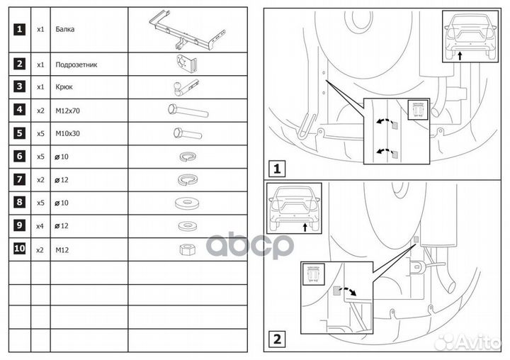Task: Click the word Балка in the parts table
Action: pos(65,29)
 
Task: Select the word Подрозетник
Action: pos(76,64)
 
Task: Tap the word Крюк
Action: pos(64,87)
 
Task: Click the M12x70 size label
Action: pos(68,111)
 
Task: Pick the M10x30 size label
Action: pos(68,133)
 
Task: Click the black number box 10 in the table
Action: pos(20,249)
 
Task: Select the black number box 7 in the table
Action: pos(20,179)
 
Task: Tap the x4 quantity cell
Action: pos(40,226)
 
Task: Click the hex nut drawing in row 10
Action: pos(188,249)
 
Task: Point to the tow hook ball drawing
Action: pos(186,88)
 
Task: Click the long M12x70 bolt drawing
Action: pos(188,111)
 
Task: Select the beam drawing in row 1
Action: pos(187,30)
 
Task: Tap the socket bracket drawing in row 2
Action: pos(187,63)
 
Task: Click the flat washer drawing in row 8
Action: pos(187,203)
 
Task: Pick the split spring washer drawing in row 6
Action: pos(188,157)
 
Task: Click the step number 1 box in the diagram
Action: pos(277,169)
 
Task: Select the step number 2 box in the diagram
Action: pos(277,339)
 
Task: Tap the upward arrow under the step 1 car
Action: pos(460,56)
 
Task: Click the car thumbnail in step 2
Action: pos(295,208)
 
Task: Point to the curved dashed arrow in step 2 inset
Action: pos(348,291)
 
